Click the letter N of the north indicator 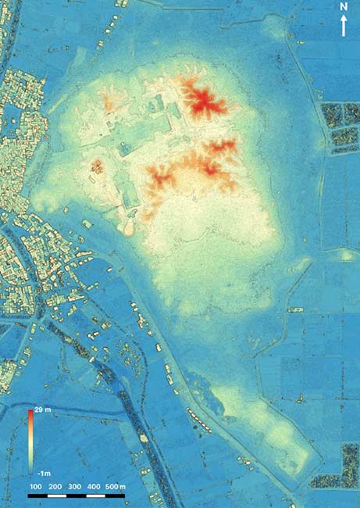(344, 7)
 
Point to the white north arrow (344, 25)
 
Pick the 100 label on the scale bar (36, 487)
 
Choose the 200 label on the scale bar (55, 487)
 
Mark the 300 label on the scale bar (75, 487)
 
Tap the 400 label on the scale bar (94, 487)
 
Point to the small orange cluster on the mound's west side (98, 166)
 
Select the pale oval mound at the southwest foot (130, 227)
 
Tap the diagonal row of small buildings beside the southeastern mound (201, 423)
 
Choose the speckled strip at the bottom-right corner (350, 466)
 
